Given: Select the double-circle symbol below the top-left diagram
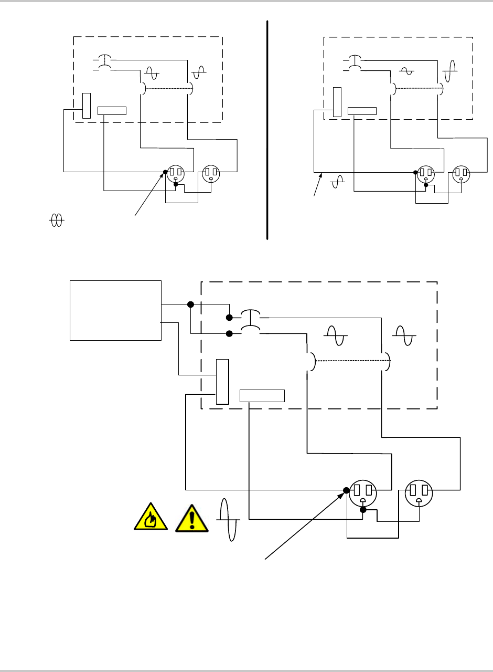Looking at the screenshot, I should click(56, 221).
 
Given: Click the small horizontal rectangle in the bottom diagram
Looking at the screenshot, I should click(262, 396).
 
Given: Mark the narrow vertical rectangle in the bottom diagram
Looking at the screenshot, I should click(222, 382).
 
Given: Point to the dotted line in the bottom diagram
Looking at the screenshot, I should click(348, 361).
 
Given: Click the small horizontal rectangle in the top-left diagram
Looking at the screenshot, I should click(112, 110).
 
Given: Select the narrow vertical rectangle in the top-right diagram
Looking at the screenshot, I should click(337, 102).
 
